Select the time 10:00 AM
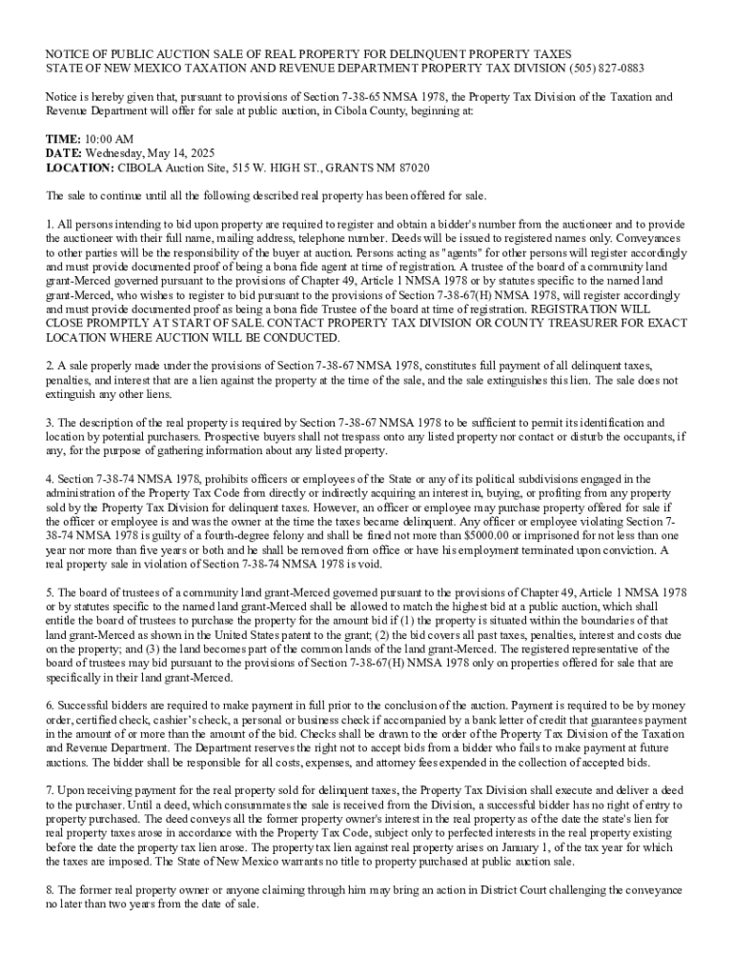[x=110, y=139]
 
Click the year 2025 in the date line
[x=207, y=153]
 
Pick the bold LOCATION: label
[x=80, y=168]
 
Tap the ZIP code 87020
[x=409, y=168]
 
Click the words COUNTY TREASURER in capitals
[x=538, y=324]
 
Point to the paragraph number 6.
[x=50, y=706]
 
